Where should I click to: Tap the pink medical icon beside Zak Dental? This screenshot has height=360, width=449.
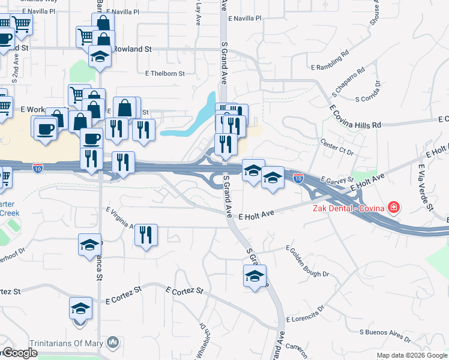point(394,208)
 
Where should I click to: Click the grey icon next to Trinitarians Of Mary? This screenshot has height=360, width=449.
point(112,342)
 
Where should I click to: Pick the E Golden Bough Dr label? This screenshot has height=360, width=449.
point(307,261)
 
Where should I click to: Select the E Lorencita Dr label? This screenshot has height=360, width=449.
point(305,314)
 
